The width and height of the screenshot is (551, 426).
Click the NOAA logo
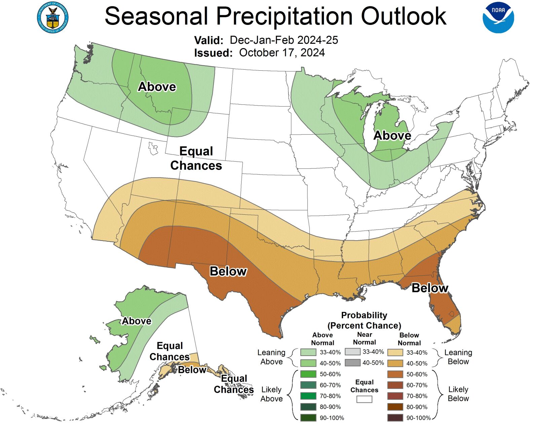click(498, 18)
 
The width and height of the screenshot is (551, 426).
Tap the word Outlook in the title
click(404, 16)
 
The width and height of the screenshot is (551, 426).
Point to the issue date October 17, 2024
click(282, 53)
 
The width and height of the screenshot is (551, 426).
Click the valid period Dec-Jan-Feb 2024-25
click(284, 40)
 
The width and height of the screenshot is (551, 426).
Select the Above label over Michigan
click(392, 136)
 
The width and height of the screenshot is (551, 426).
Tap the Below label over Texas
click(228, 271)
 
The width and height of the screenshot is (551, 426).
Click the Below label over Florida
click(430, 288)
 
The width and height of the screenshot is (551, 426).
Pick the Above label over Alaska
click(136, 321)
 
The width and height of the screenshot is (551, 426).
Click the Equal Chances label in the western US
click(196, 158)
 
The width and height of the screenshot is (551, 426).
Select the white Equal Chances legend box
click(364, 399)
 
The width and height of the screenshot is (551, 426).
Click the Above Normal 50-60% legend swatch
click(308, 374)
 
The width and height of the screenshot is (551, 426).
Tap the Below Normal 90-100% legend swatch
click(395, 418)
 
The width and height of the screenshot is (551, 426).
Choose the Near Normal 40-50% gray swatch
click(353, 363)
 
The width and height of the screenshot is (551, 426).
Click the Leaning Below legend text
click(458, 357)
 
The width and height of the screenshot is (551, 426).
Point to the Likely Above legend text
click(271, 394)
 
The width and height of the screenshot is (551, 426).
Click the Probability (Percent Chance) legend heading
click(364, 320)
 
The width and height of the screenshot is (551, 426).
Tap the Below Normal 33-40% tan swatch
click(395, 353)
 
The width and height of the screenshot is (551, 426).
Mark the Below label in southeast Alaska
click(192, 370)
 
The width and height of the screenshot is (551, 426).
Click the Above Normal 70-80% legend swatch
click(308, 396)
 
